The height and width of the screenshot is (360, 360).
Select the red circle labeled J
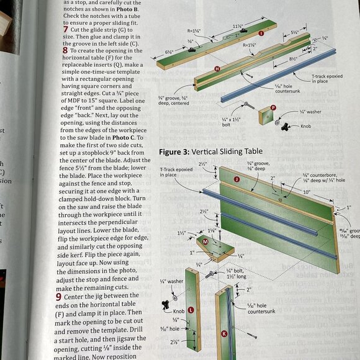click(x=236, y=179)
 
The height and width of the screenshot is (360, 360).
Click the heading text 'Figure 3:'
click(x=173, y=151)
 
